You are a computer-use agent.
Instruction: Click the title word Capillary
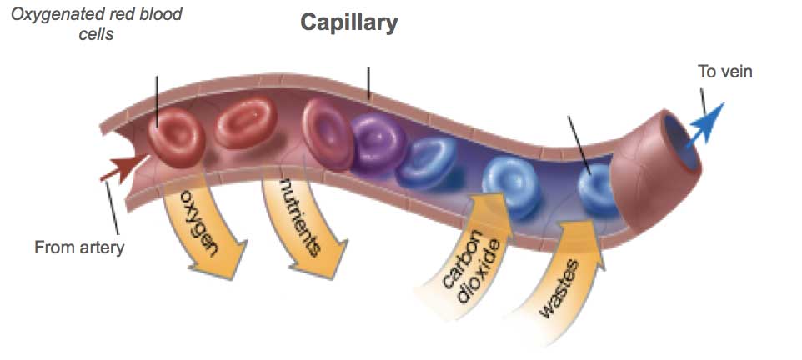coord(349,22)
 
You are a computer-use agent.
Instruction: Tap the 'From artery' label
coord(79,247)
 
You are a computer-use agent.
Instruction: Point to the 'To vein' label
coord(724,72)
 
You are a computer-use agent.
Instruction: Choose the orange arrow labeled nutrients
coord(305,225)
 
